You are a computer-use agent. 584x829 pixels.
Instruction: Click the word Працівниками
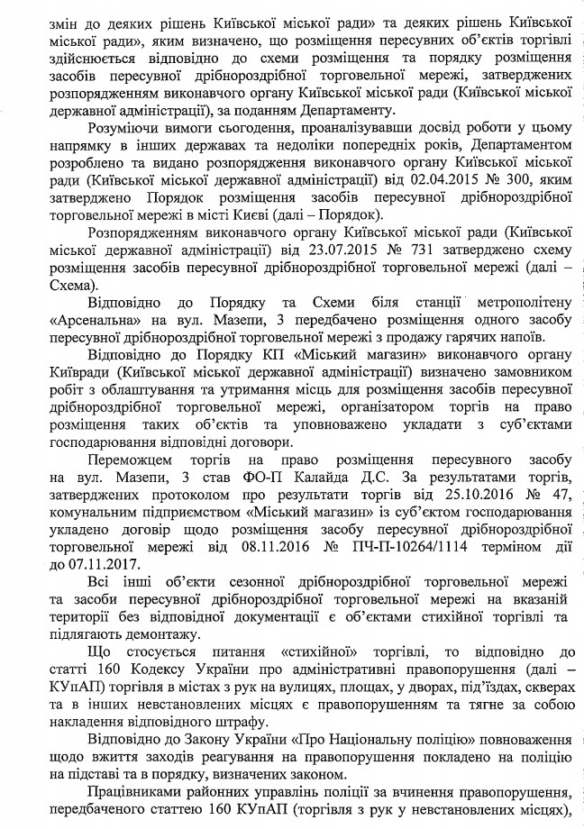(x=139, y=793)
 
